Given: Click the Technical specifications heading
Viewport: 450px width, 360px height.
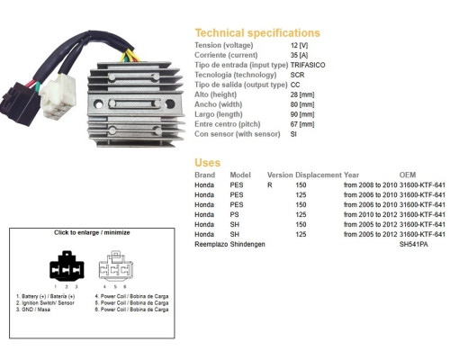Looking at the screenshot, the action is (x=257, y=33).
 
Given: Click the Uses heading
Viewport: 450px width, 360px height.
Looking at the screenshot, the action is (x=207, y=163).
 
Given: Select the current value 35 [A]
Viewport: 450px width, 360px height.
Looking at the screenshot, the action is (x=299, y=55).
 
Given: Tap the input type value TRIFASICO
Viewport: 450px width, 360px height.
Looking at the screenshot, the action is (x=308, y=65).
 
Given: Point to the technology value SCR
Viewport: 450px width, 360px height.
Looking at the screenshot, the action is (x=297, y=75).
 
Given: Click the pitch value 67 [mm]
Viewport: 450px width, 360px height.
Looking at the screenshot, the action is (x=302, y=124).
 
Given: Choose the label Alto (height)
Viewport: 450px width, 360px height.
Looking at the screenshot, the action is (x=215, y=94).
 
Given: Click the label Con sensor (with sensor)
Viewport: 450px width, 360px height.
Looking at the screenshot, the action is (x=238, y=134).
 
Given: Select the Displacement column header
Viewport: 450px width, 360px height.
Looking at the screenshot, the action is (x=319, y=175).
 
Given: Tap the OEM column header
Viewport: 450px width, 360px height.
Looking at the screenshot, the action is (x=408, y=175).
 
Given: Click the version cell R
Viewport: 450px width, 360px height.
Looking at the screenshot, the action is (x=270, y=185).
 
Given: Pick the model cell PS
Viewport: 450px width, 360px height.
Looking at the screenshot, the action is (x=234, y=215).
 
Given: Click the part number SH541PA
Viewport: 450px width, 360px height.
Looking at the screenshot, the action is (x=413, y=245).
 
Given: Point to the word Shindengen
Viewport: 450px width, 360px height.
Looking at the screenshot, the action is (x=247, y=245).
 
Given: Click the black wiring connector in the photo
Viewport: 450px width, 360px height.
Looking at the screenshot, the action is (x=20, y=103).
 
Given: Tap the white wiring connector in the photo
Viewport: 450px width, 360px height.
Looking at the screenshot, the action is (x=58, y=96).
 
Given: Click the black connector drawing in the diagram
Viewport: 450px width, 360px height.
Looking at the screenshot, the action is (x=67, y=265).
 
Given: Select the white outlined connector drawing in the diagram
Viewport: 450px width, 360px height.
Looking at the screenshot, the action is (x=116, y=265).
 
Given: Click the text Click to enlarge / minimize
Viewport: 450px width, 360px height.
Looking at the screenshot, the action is (x=92, y=232).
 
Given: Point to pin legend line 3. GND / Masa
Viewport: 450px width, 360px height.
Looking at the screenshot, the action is (x=33, y=310).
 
